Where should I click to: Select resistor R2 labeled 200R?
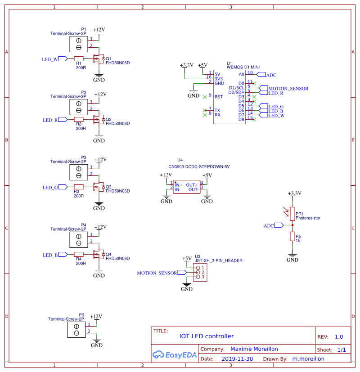tap(79, 120)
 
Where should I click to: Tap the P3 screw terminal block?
tap(79, 171)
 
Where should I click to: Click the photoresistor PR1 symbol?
tap(292, 213)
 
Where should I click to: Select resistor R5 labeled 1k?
tap(292, 237)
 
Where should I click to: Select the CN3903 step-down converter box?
tap(186, 187)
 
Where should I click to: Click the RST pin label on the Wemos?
tap(218, 97)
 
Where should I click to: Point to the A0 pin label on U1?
tap(241, 74)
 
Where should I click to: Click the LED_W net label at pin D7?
tap(276, 115)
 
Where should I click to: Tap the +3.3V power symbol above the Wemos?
tap(186, 66)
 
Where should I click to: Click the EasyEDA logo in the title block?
tap(175, 354)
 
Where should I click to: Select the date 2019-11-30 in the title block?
tap(237, 359)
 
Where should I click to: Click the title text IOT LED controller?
tap(207, 336)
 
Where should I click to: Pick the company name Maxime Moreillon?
tap(254, 349)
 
